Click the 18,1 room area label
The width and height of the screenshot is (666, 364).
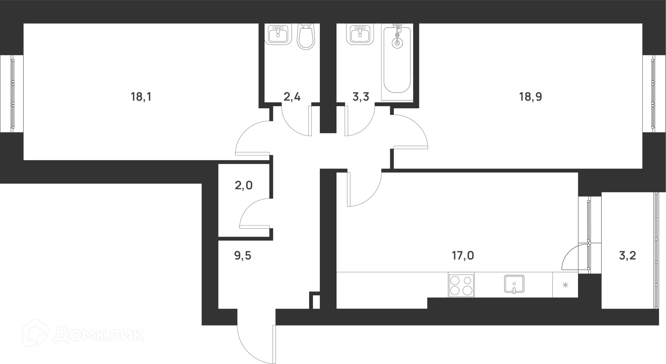pos(141,97)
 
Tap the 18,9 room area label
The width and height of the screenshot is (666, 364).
pos(530,97)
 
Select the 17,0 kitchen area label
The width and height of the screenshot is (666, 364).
pos(463,256)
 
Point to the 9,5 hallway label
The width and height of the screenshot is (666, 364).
pos(243,256)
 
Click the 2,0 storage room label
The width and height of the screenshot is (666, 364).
pos(244,186)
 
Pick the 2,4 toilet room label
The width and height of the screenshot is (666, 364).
pos(292,97)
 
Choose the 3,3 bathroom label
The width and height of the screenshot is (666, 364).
pos(361,97)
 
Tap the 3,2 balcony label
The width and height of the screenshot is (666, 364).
pos(627,256)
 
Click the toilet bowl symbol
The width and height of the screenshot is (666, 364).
pos(306,36)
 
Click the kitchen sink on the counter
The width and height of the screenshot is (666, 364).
pos(514,285)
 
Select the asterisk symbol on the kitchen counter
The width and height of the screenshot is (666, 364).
pos(565,285)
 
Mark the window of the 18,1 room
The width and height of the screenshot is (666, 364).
pos(12,93)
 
